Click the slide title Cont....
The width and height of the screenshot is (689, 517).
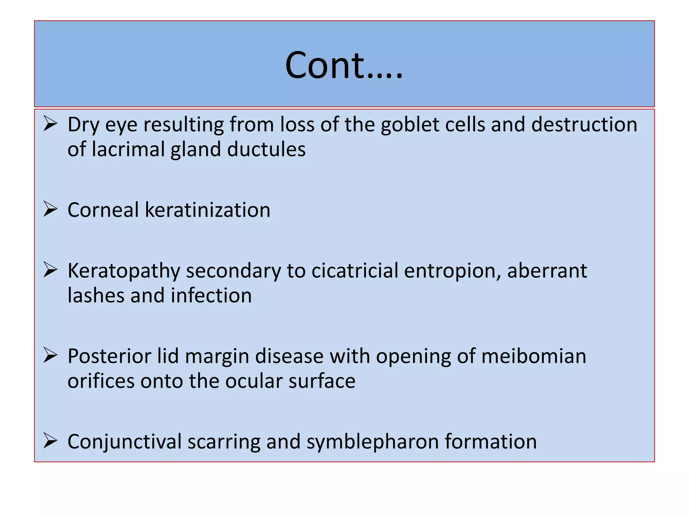(x=343, y=65)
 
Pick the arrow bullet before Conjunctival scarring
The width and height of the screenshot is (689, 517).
(x=50, y=441)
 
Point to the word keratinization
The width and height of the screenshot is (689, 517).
(x=207, y=210)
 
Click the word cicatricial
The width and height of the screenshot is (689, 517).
(x=355, y=271)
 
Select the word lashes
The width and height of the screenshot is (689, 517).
(x=96, y=296)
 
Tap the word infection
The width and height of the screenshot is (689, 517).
(x=211, y=296)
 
